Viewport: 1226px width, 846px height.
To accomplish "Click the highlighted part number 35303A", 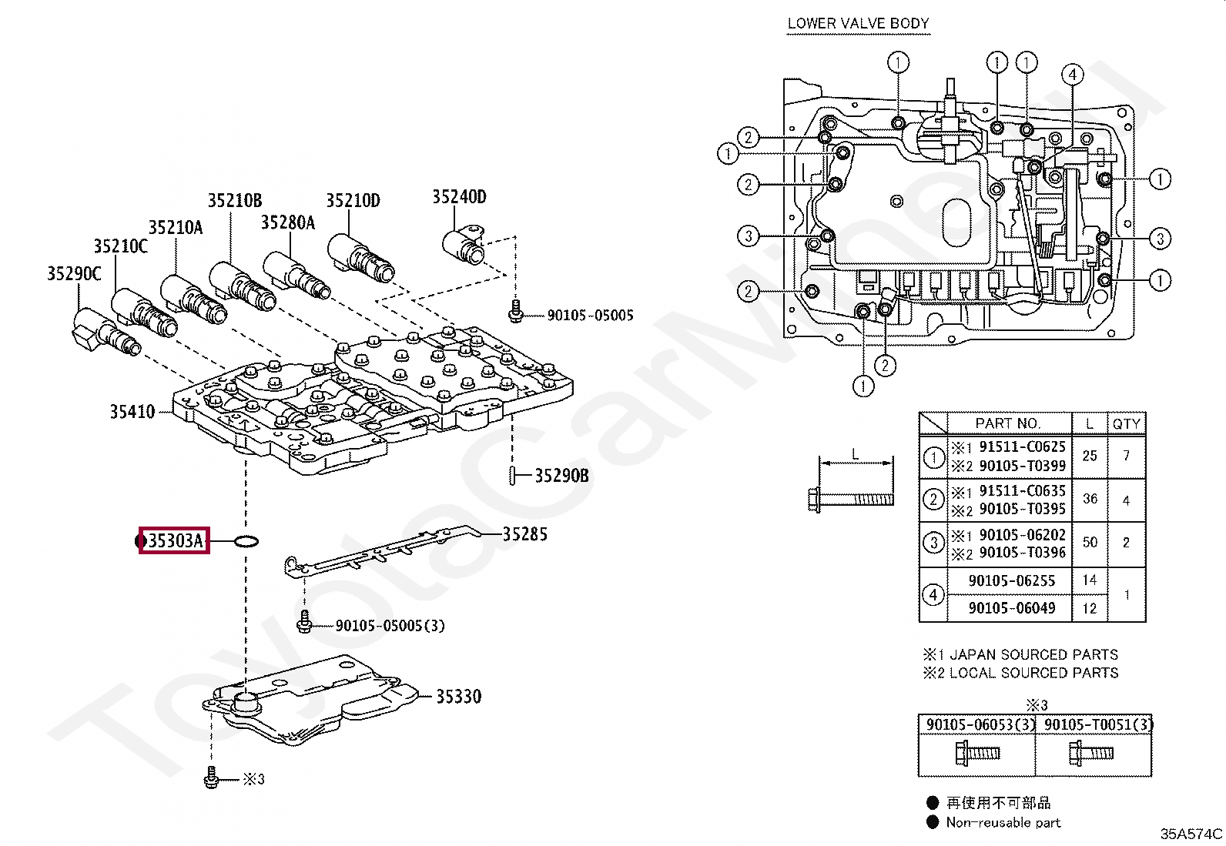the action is pos(175,540).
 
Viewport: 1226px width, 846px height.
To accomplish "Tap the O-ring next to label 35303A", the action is pos(246,542).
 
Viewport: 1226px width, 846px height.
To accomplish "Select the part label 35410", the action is pos(132,412).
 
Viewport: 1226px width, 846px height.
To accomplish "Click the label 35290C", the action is pos(74,273).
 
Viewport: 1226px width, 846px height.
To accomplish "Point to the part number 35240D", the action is pos(459,196).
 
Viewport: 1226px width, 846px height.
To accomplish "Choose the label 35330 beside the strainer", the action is pos(459,697).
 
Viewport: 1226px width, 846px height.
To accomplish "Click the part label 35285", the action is pos(525,534).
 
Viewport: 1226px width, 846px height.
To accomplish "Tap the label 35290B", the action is pos(561,476).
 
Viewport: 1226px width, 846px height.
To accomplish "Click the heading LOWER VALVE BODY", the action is pos(858,24).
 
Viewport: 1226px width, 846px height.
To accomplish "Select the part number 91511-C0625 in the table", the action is pos(1023,446).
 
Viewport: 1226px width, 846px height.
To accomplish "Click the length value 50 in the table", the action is pos(1090,542).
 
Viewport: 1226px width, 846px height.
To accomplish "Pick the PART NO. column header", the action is pos(1007,423).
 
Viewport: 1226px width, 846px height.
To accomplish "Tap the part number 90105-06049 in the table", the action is pos(1012,608).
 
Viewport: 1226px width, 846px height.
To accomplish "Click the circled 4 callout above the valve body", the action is pos(1072,75).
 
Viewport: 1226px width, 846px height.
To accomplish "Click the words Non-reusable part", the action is pos(1003,822).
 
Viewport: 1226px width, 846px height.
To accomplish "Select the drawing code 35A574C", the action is pos(1191,834).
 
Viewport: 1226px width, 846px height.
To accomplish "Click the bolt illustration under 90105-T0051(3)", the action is pos(1091,753).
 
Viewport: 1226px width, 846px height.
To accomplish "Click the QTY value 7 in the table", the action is pos(1126,455).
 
